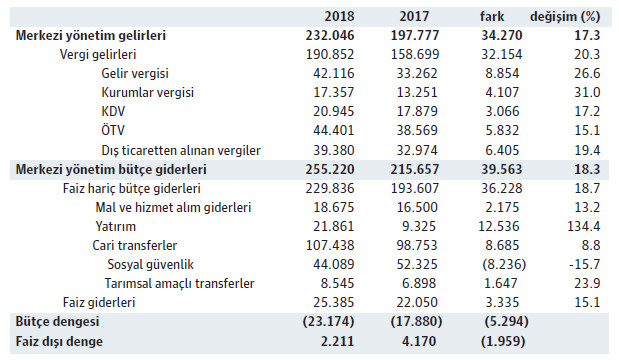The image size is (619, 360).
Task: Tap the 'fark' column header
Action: tap(494, 17)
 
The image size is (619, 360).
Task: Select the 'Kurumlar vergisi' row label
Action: tap(149, 92)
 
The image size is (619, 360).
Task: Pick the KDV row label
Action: tap(115, 111)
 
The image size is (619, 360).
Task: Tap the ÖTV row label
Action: tap(115, 130)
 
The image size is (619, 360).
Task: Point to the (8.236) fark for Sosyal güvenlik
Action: tap(501, 264)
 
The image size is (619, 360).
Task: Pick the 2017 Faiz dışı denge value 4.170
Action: tap(424, 341)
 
